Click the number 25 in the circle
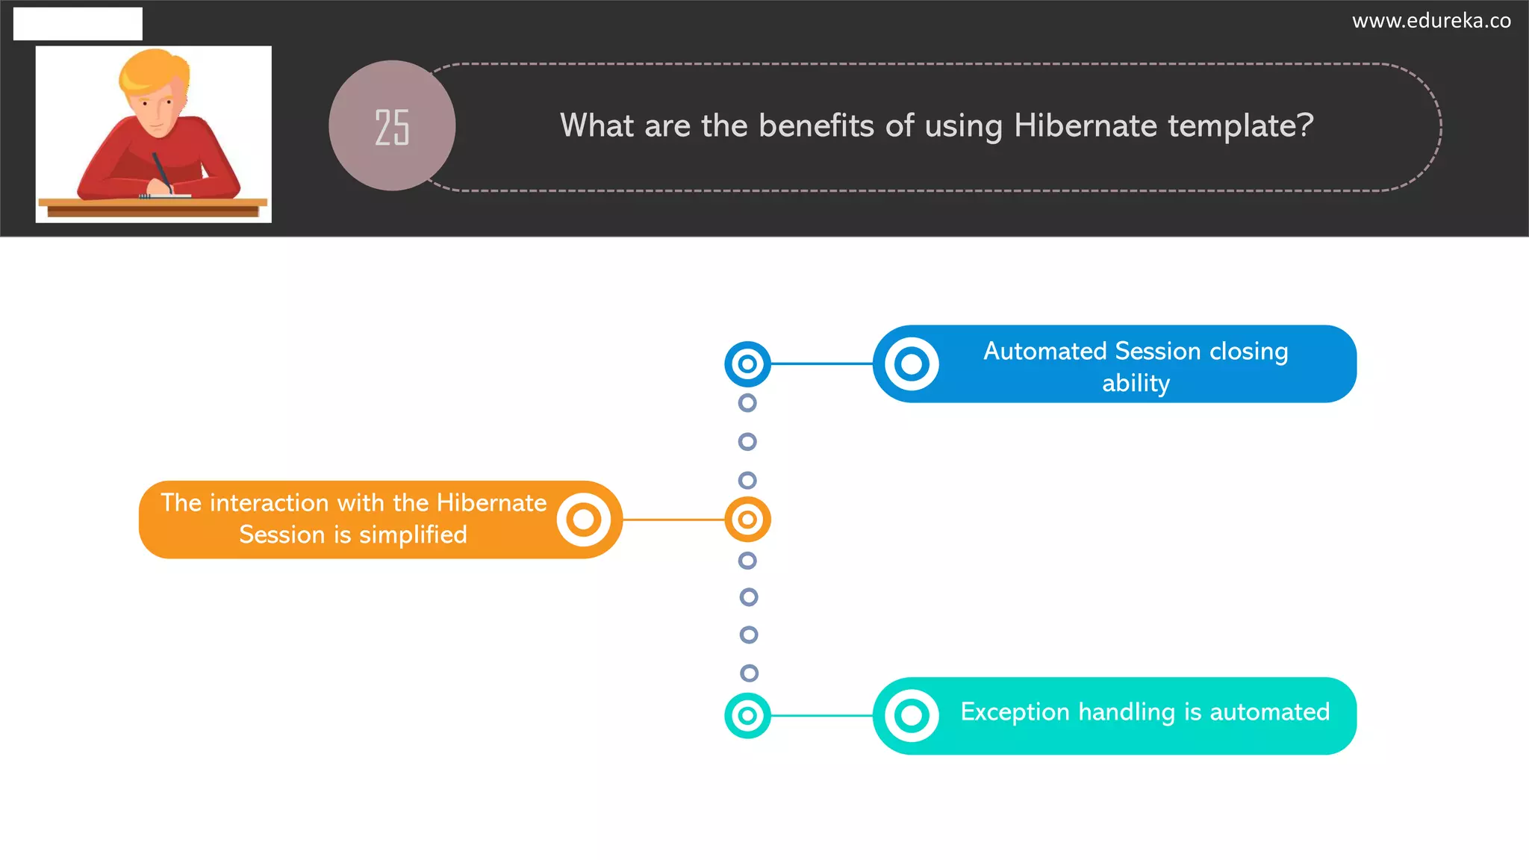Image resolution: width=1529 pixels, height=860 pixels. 392,127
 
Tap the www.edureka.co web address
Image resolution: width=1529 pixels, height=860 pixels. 1431,21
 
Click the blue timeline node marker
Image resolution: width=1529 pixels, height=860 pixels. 747,364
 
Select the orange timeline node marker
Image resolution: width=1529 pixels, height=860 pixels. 747,520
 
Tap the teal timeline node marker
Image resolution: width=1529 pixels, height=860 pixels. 747,716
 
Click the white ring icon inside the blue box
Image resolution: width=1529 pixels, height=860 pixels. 912,364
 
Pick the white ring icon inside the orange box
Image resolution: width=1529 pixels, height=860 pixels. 584,520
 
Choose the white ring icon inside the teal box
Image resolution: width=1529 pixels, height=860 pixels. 912,716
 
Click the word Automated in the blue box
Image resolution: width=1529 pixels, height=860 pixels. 1044,351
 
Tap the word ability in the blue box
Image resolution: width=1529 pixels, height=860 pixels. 1136,383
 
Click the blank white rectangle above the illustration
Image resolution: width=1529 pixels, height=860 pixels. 78,24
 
